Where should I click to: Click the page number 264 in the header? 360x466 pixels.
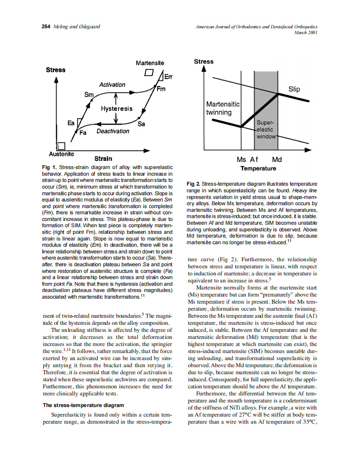(x=46, y=27)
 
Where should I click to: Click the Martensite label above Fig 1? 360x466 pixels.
(x=150, y=63)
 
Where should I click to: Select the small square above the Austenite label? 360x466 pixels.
(x=62, y=146)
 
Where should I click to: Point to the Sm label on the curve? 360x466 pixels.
(x=89, y=95)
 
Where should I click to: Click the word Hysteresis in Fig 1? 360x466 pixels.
(x=116, y=109)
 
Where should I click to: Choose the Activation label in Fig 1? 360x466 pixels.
(x=112, y=85)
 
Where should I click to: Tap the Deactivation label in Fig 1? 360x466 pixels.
(x=113, y=131)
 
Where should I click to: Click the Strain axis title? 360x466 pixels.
(x=103, y=159)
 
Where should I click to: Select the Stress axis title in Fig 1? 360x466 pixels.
(x=55, y=70)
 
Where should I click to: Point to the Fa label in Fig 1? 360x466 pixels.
(x=83, y=133)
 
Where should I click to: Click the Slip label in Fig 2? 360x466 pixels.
(x=294, y=89)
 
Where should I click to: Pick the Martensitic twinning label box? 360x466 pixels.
(x=222, y=108)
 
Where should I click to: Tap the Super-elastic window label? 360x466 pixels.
(x=266, y=130)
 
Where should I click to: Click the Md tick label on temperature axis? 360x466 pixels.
(x=276, y=159)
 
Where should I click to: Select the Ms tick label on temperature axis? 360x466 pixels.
(x=242, y=159)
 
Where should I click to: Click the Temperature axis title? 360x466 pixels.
(x=258, y=168)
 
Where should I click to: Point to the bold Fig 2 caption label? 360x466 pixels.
(x=193, y=184)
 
